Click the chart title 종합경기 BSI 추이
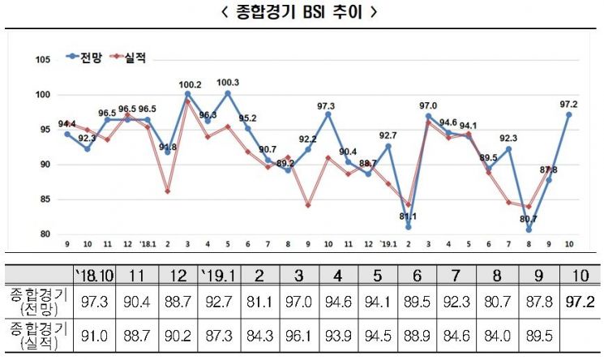coord(299,12)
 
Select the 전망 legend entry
coord(84,57)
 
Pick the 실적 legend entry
coord(128,58)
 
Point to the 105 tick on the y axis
coord(43,60)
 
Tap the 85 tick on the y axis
coord(45,199)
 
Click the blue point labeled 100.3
coord(228,93)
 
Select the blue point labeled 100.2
coord(187,94)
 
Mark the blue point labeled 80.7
coord(529,229)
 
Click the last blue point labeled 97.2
coord(568,114)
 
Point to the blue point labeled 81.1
coord(409,227)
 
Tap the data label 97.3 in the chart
coord(326,106)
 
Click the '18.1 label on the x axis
coord(148,244)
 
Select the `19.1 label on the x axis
coord(388,244)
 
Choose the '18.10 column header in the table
coord(94,276)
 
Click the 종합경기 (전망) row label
coord(39,302)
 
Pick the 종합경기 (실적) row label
coord(39,336)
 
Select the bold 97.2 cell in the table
coord(580,302)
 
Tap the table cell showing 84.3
coord(259,336)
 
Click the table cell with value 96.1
coord(298,336)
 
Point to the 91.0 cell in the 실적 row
coord(94,336)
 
